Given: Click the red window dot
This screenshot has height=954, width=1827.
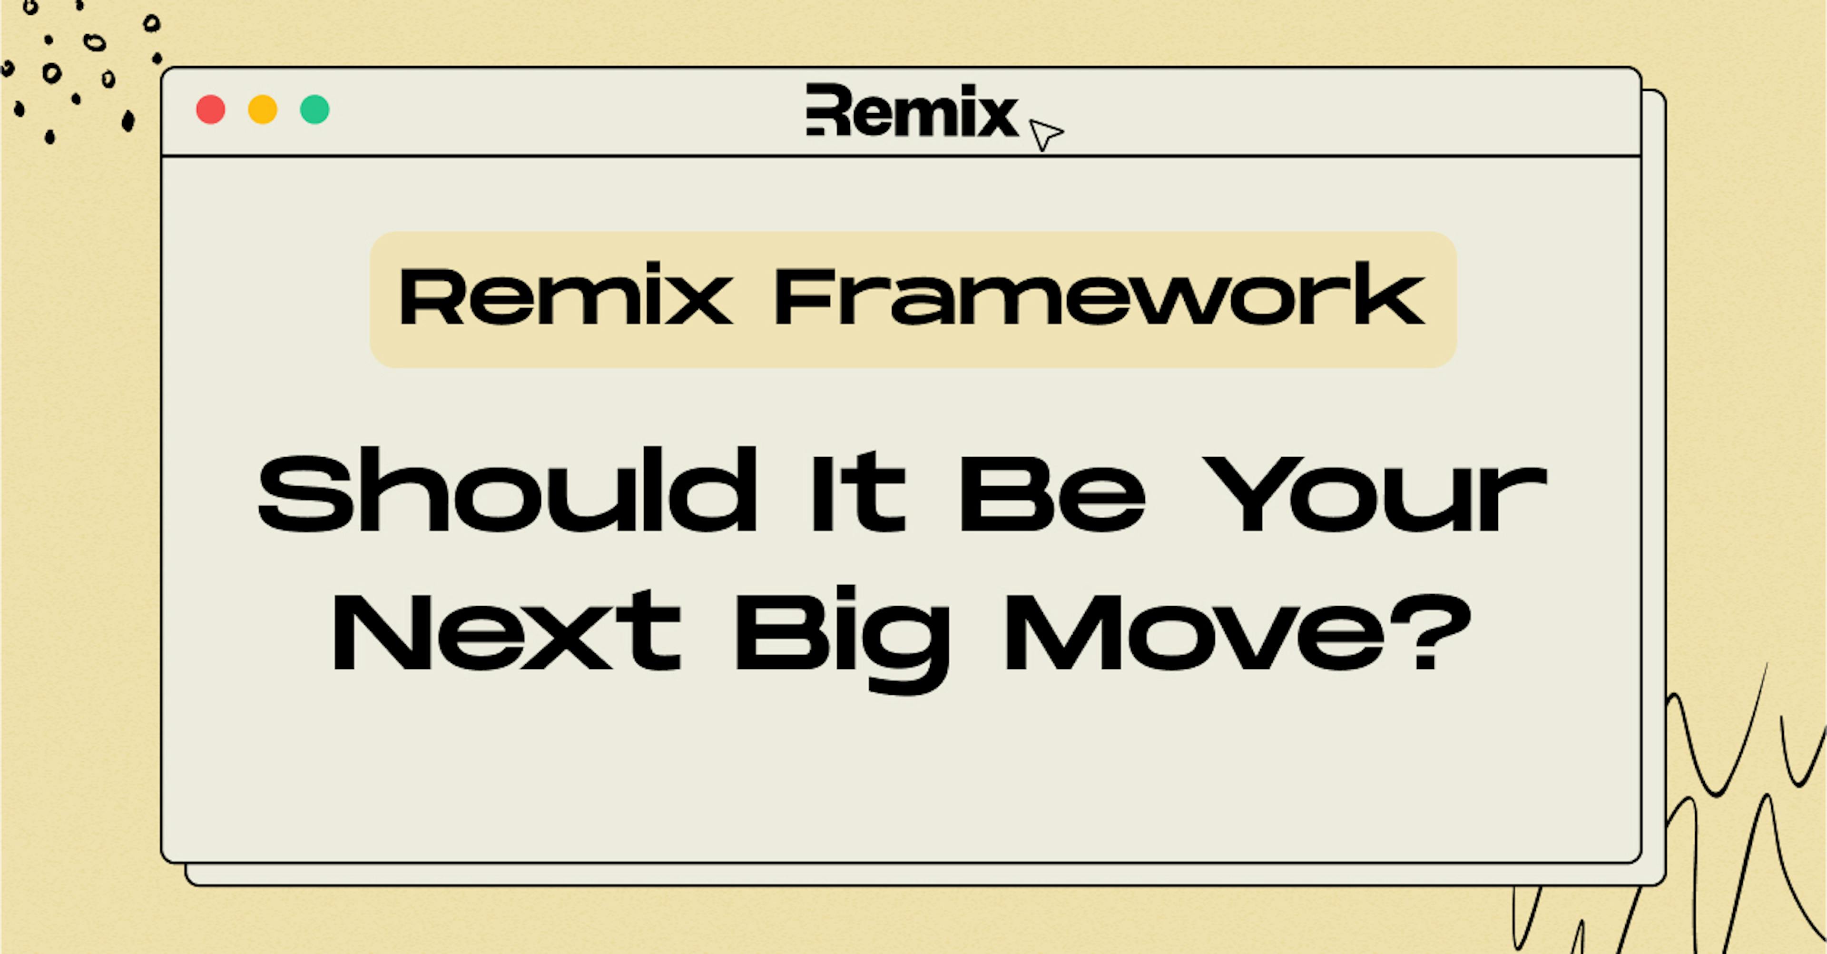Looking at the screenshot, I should coord(211,110).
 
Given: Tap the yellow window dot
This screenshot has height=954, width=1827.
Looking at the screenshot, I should coord(263,110).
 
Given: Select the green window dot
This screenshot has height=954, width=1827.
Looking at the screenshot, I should coord(314,110).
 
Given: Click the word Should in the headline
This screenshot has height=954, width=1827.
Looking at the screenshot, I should coord(507,491).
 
